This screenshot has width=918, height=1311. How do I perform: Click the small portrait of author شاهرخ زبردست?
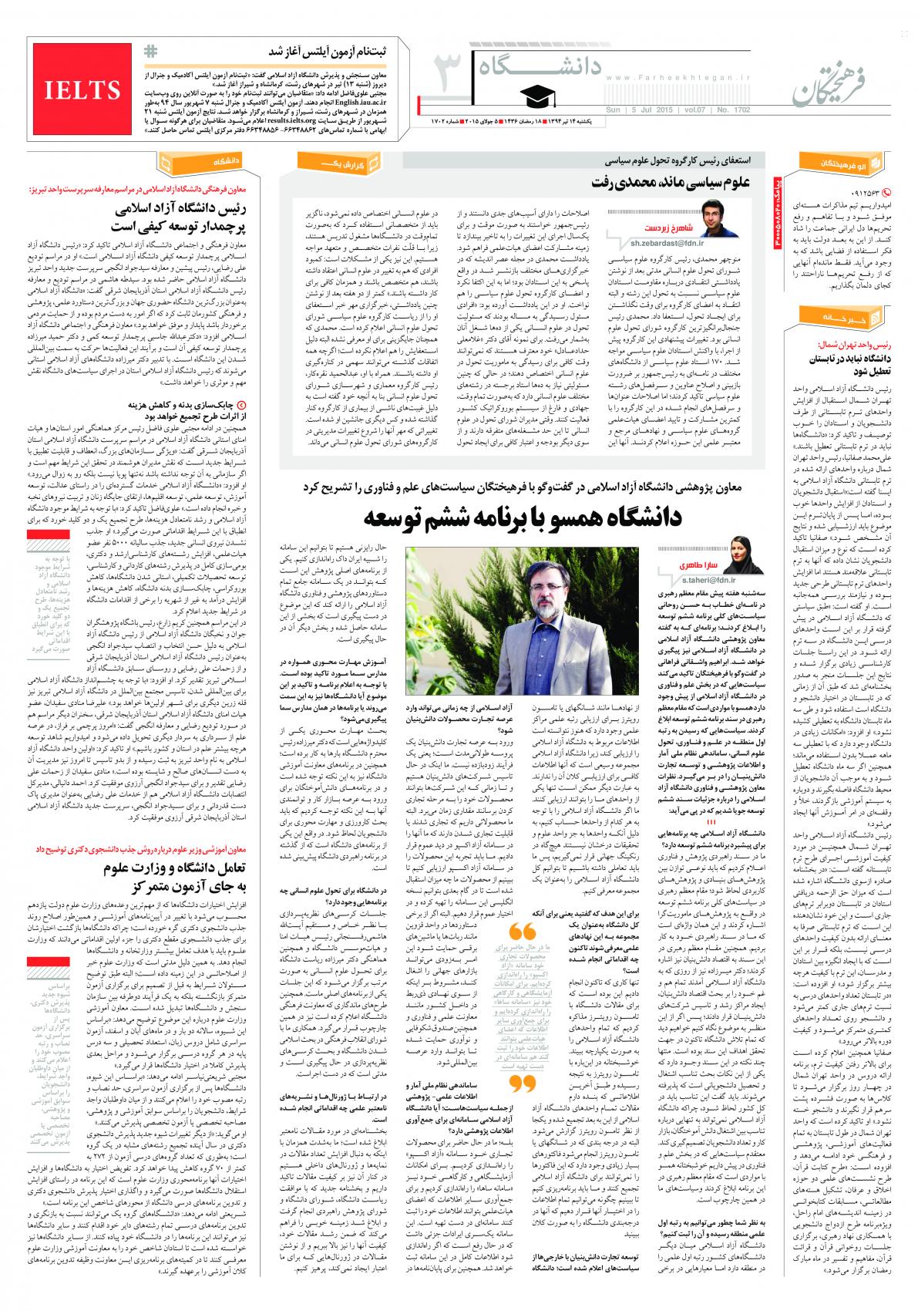pyautogui.click(x=720, y=218)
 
